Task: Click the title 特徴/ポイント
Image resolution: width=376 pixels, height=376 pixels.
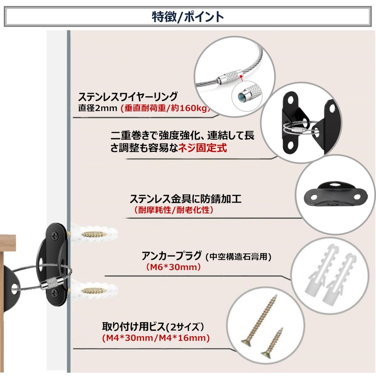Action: (188, 16)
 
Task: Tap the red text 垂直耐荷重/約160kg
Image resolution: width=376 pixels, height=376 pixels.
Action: (164, 109)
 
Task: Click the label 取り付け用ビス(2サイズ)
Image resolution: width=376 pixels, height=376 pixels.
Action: (155, 326)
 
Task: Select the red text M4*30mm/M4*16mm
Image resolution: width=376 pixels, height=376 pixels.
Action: (156, 337)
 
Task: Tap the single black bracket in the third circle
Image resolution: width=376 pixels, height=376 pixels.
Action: (331, 194)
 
